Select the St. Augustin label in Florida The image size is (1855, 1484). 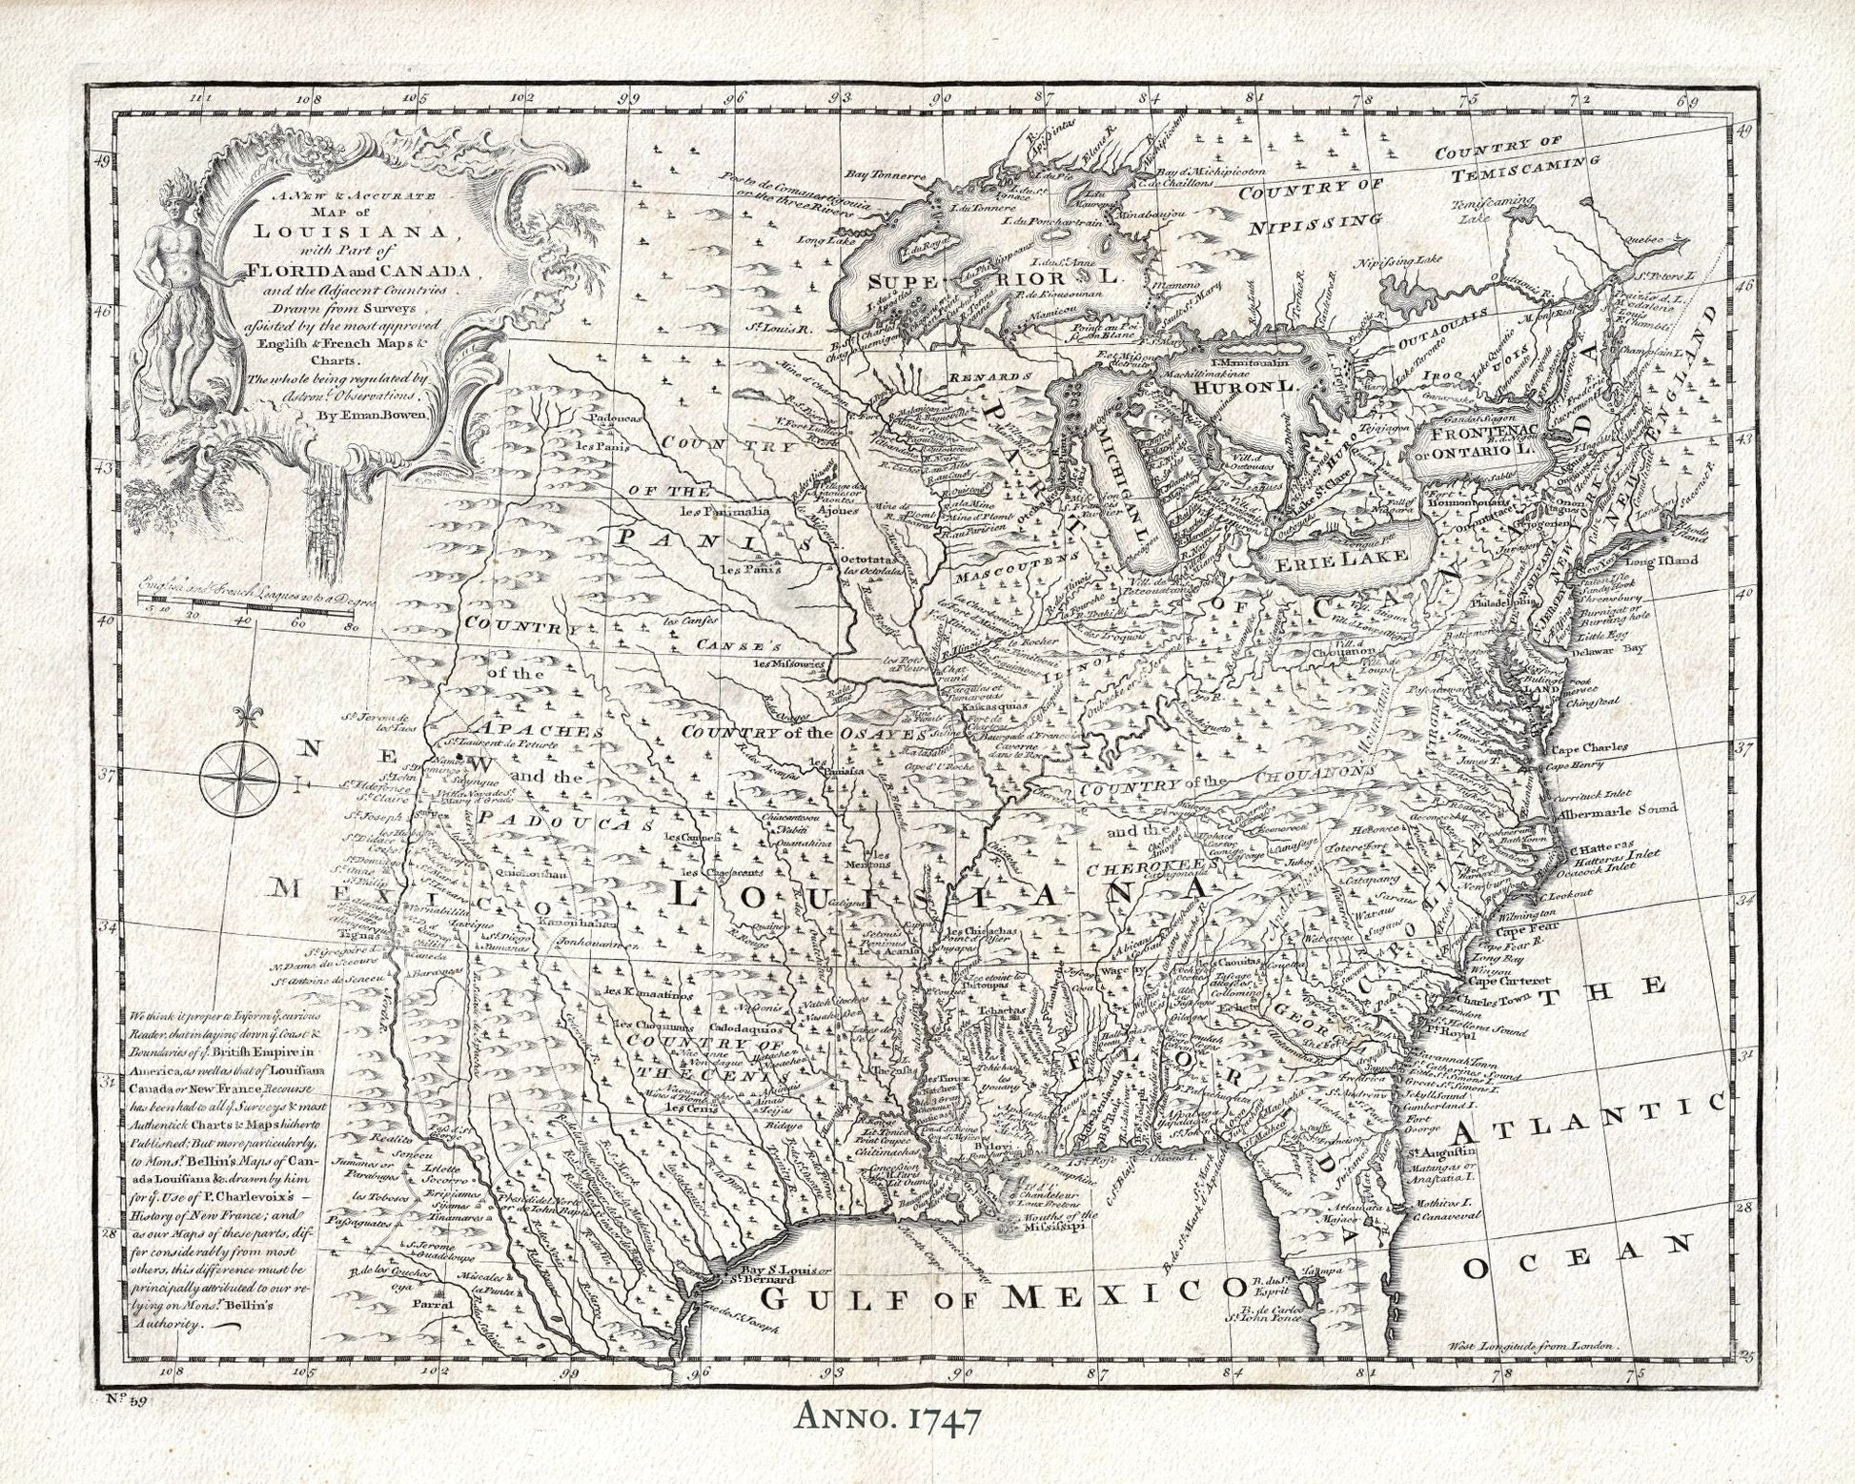pos(1439,1158)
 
